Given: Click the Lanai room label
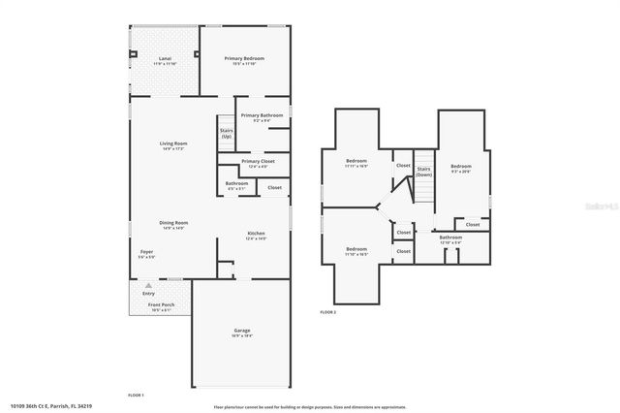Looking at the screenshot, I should pyautogui.click(x=165, y=60).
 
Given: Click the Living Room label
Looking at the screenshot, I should pyautogui.click(x=173, y=145).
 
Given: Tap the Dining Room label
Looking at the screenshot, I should pyautogui.click(x=173, y=224).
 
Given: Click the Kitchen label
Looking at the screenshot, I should pyautogui.click(x=256, y=235).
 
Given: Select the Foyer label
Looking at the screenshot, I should pyautogui.click(x=146, y=258).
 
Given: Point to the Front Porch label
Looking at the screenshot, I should pyautogui.click(x=161, y=306).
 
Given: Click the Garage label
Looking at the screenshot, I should pyautogui.click(x=241, y=334).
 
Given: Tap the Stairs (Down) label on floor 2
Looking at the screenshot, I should pyautogui.click(x=423, y=172).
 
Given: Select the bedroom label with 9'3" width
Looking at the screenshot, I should pyautogui.click(x=460, y=169).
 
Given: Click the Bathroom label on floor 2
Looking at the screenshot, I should pyautogui.click(x=450, y=238).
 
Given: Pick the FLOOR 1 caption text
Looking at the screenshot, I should pyautogui.click(x=136, y=395).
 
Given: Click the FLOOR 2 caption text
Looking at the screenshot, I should pyautogui.click(x=327, y=312).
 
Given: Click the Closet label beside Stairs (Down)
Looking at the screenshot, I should pyautogui.click(x=403, y=166).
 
